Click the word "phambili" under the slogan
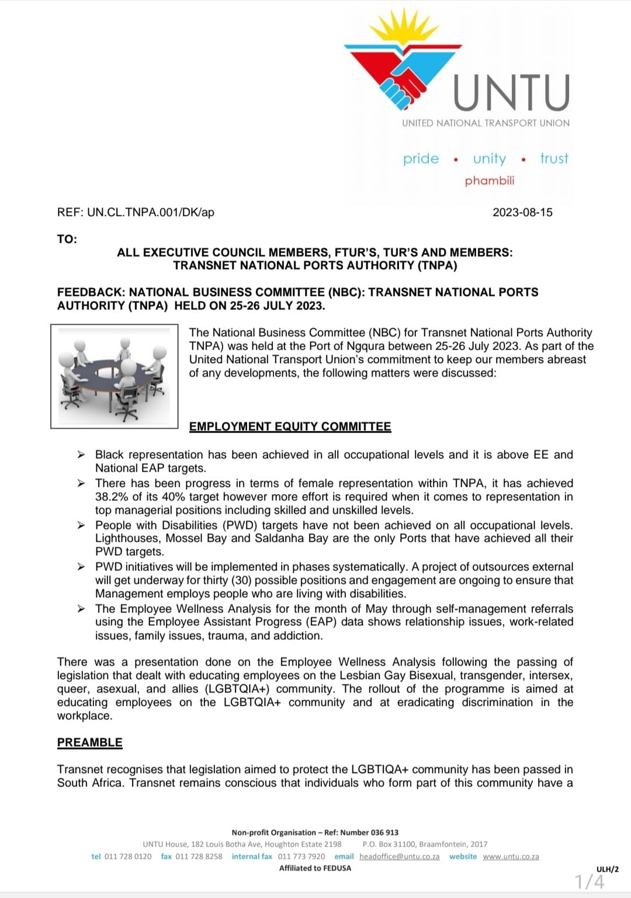[x=490, y=180]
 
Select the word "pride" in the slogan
[x=421, y=159]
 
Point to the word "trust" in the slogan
[x=554, y=158]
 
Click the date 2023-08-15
[x=522, y=212]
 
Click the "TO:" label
[x=67, y=239]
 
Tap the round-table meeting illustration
[x=115, y=376]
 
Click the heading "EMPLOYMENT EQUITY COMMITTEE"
[x=290, y=426]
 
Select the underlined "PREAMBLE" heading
[x=89, y=742]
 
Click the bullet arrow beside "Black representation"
[x=82, y=454]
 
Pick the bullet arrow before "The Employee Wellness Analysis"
[x=82, y=609]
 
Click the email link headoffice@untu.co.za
[x=399, y=857]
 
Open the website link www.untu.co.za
[x=511, y=857]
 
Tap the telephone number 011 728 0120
[x=128, y=857]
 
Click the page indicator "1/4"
[x=590, y=881]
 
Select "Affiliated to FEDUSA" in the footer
[x=315, y=868]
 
